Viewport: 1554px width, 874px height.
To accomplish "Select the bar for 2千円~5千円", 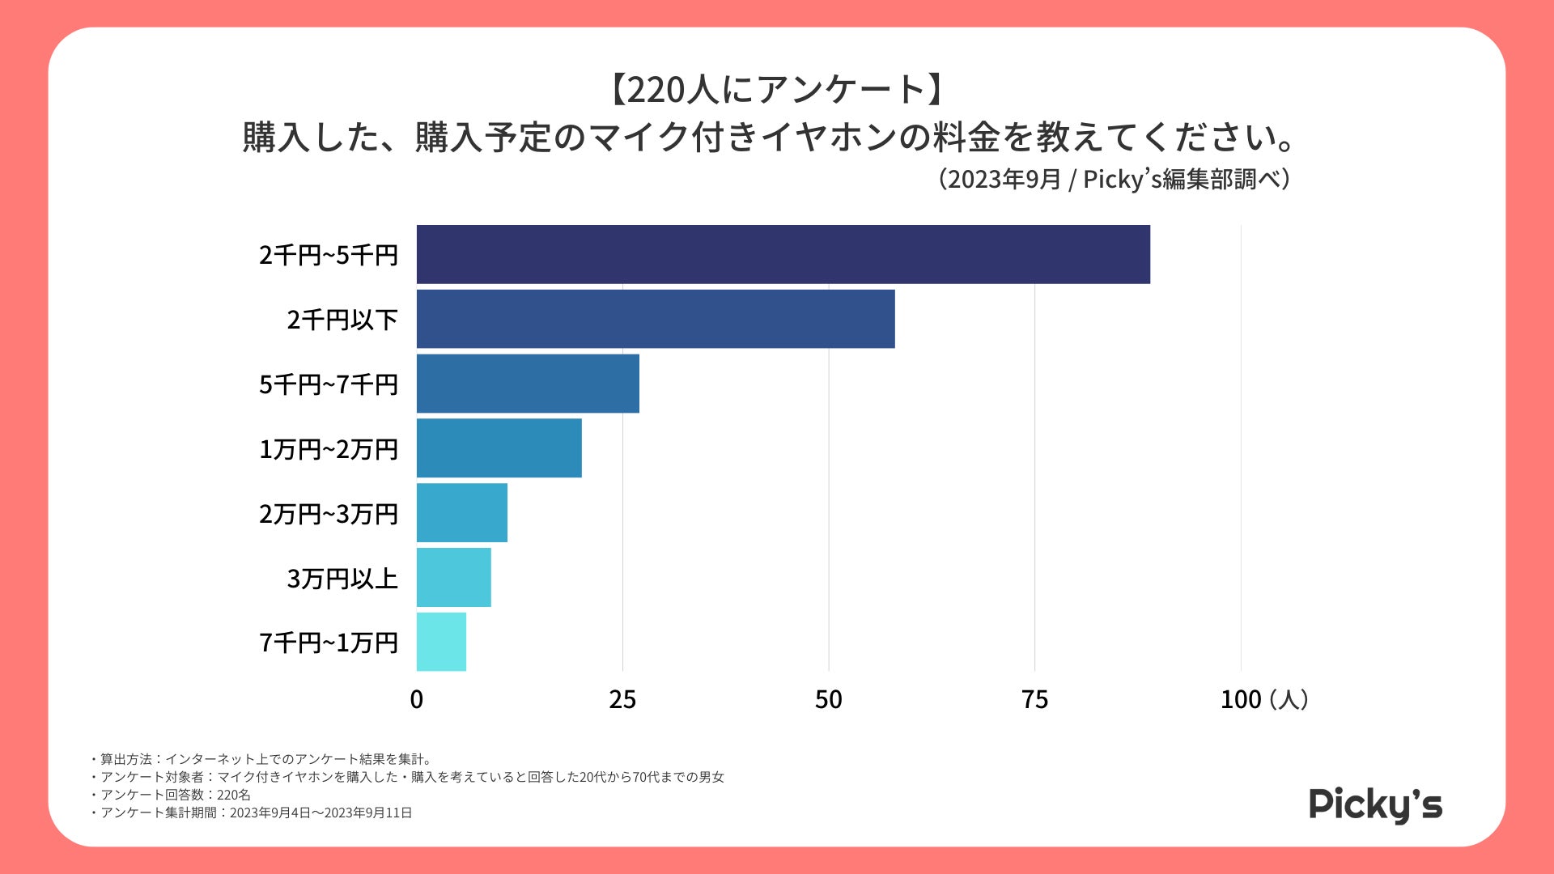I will coord(783,255).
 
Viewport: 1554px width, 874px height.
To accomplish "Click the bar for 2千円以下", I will coord(656,319).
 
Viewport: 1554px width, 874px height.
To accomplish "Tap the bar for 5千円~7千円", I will coord(528,384).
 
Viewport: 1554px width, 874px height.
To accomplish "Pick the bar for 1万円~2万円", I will coord(499,448).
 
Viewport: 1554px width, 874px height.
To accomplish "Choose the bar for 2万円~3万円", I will coord(462,513).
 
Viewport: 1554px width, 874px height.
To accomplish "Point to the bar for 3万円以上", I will coord(453,578).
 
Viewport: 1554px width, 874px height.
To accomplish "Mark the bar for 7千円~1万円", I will coord(441,642).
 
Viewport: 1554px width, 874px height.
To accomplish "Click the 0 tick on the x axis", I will coord(417,700).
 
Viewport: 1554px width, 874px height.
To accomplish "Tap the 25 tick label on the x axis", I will coord(622,700).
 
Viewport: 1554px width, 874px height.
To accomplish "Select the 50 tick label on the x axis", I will coord(828,700).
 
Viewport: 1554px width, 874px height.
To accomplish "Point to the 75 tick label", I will coord(1034,700).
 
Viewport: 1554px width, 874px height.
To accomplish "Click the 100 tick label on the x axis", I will coord(1240,700).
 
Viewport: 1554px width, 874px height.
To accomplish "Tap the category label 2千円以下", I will coord(342,320).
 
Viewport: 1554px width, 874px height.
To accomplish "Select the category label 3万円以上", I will coord(342,579).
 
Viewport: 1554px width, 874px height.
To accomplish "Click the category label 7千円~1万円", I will coord(329,643).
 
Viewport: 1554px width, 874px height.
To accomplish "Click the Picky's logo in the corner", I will coord(1375,805).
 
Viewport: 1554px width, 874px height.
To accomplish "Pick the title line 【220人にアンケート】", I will coord(776,90).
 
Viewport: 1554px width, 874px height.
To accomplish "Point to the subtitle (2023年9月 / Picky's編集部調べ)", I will coord(1114,179).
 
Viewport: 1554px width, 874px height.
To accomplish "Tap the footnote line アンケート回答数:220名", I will coord(175,795).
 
